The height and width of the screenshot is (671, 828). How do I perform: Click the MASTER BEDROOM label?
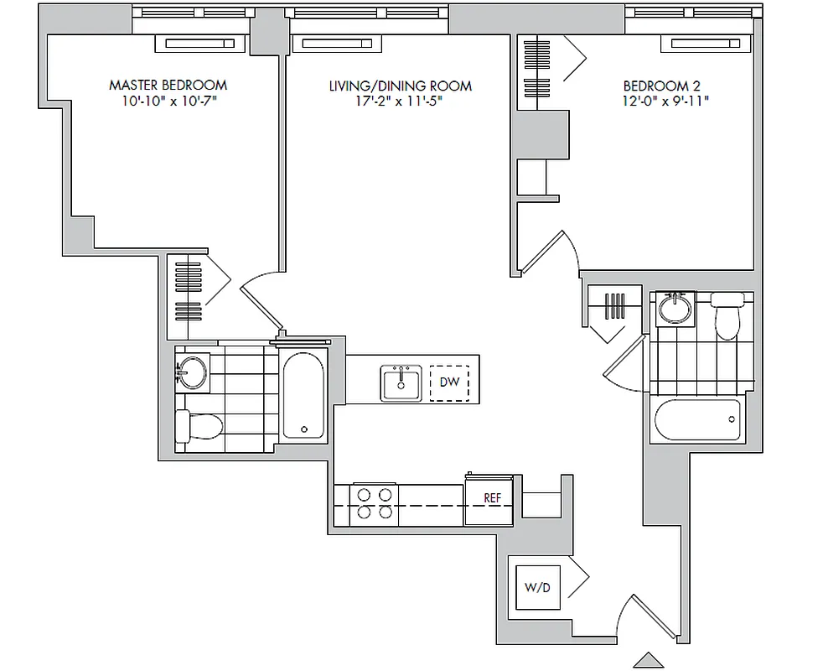tap(168, 86)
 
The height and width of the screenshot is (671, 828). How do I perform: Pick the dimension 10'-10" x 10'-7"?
tap(168, 101)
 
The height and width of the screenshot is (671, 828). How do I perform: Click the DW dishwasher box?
tap(449, 382)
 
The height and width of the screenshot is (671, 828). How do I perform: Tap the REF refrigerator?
tap(491, 498)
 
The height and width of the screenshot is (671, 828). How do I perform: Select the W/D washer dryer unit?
tap(537, 588)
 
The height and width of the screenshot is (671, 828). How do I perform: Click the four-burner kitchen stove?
tap(374, 505)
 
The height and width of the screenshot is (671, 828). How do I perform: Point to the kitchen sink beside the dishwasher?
tap(401, 383)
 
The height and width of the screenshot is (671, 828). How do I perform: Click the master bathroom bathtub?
tap(303, 396)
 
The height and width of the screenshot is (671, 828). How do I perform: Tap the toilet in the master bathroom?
tap(198, 426)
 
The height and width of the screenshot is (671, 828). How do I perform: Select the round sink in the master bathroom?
tap(192, 372)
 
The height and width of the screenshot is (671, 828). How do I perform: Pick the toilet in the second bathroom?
tap(727, 315)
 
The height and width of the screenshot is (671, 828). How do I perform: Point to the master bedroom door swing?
tap(263, 295)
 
